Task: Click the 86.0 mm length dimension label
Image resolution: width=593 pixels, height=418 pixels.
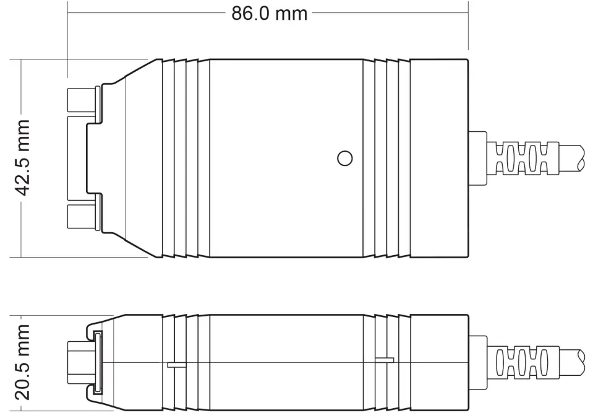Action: (269, 13)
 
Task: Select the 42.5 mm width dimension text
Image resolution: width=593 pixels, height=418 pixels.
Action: (23, 158)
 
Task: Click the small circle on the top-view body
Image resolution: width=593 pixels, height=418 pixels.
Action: (344, 158)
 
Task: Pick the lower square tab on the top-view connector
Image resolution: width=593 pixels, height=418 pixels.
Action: (80, 217)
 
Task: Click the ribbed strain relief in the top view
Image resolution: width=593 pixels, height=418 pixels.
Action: (523, 158)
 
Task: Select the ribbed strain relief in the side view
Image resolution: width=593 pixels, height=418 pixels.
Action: (523, 362)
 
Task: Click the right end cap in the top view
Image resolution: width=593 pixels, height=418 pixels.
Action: (439, 158)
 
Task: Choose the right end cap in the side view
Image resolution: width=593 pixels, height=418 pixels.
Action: (439, 362)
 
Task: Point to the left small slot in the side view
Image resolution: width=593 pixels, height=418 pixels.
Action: (176, 365)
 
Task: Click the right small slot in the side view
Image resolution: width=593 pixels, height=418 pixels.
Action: (385, 359)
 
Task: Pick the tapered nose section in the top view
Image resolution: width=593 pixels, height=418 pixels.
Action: (133, 158)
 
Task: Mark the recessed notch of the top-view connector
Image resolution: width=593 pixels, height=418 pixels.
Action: (93, 158)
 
